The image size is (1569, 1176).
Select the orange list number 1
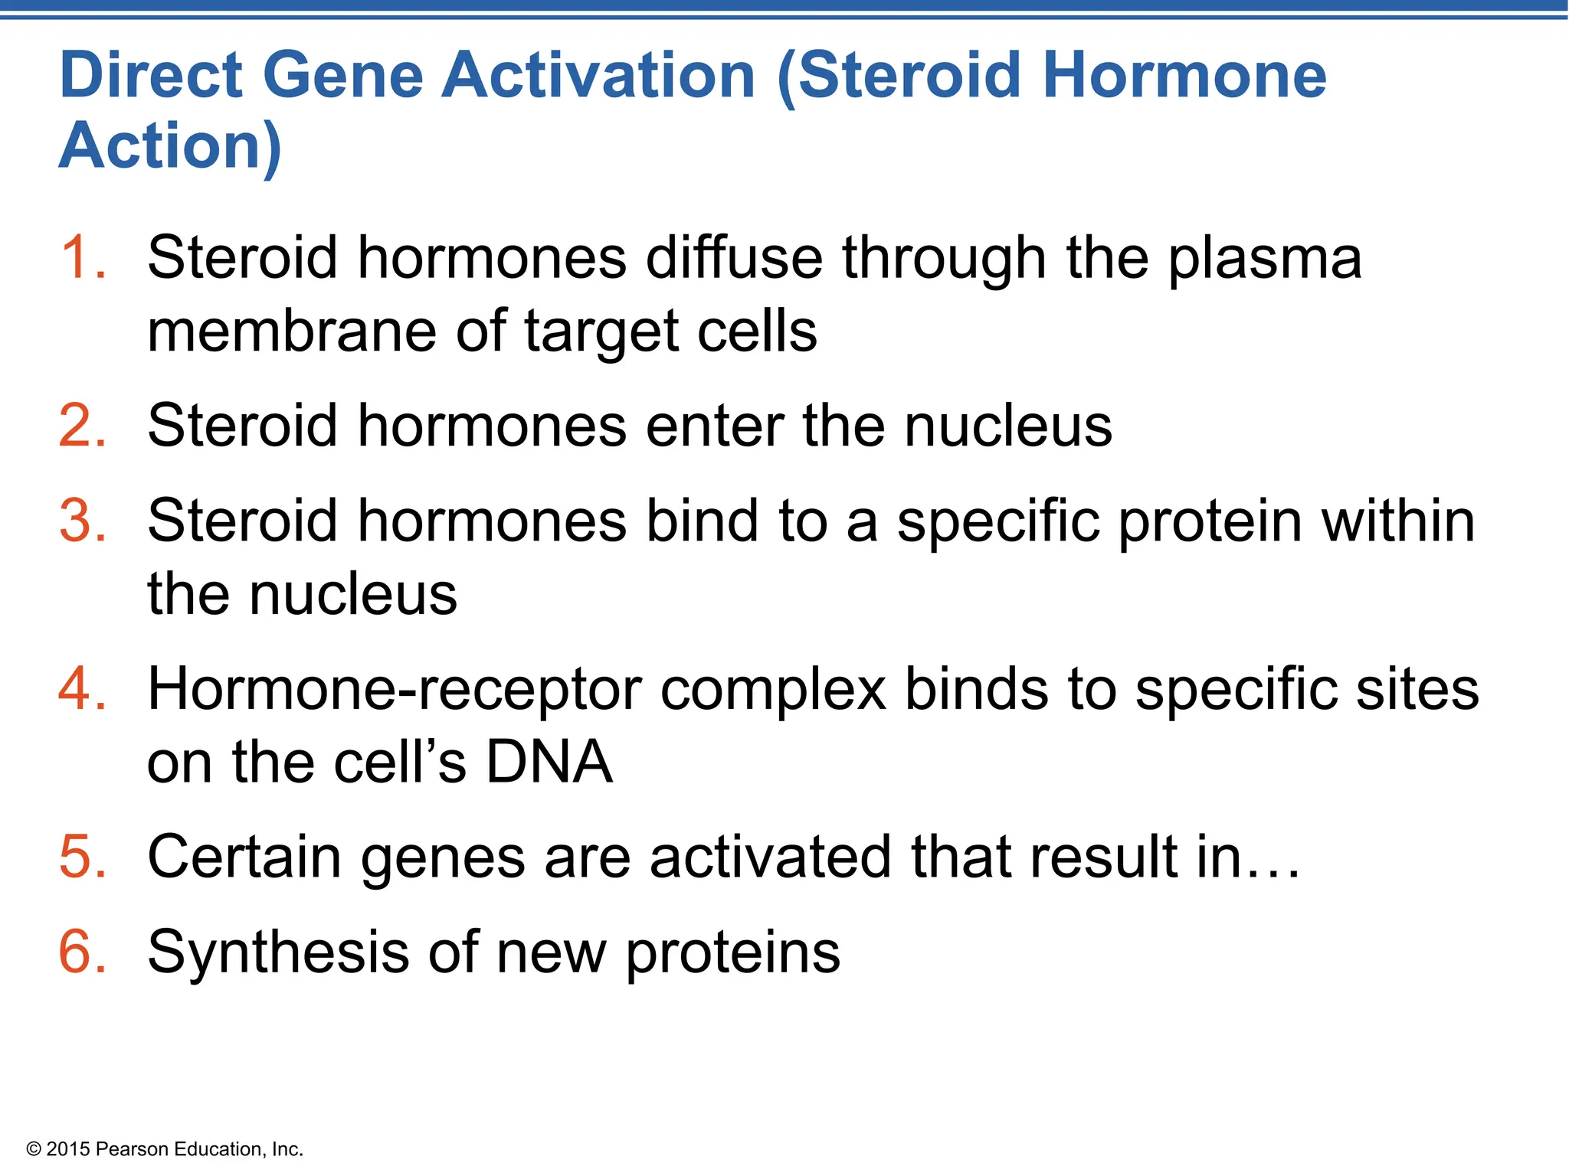pyautogui.click(x=80, y=257)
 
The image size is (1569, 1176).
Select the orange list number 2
pyautogui.click(x=80, y=426)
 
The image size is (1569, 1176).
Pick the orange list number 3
pyautogui.click(x=80, y=521)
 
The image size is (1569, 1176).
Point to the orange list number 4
pyautogui.click(x=80, y=688)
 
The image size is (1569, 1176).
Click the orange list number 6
pyautogui.click(x=80, y=952)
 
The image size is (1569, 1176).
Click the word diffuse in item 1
pyautogui.click(x=734, y=257)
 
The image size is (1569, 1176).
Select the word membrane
pyautogui.click(x=292, y=331)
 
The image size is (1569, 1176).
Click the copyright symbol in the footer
pyautogui.click(x=33, y=1149)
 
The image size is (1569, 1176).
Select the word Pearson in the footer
pyautogui.click(x=132, y=1149)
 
